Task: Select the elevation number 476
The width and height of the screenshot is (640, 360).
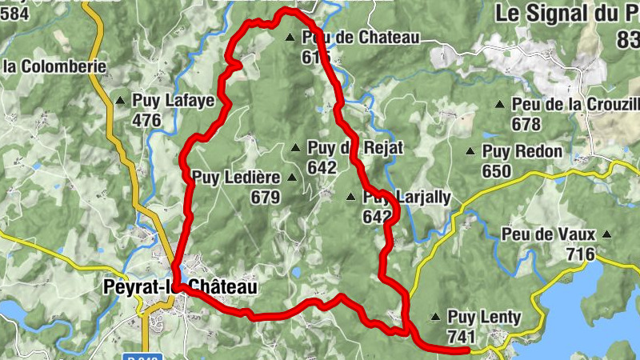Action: [x=146, y=121]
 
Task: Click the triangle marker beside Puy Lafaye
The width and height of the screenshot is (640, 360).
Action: [x=120, y=102]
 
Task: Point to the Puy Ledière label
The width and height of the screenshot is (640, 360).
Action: [x=235, y=177]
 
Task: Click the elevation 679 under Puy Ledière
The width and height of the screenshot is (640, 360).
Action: [x=265, y=197]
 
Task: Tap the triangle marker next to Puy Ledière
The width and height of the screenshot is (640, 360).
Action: [x=291, y=178]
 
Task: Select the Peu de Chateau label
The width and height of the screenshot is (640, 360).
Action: [x=361, y=37]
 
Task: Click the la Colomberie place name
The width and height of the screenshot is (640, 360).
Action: [x=55, y=66]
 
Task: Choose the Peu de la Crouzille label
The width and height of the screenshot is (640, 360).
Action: [x=577, y=104]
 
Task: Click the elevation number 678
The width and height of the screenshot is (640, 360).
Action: [x=526, y=124]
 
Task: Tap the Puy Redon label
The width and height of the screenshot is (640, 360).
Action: [x=522, y=151]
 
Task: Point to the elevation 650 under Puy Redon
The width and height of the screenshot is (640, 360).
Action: [x=496, y=171]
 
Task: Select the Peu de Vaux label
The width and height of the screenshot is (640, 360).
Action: [x=549, y=234]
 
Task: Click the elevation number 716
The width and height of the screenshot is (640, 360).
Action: [x=580, y=254]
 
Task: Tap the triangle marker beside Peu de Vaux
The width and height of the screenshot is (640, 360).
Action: [x=608, y=235]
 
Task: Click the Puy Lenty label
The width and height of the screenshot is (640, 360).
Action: [x=484, y=317]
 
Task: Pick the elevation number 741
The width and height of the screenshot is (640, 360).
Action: [x=462, y=336]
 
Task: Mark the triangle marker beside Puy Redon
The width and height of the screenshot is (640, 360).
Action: [x=470, y=151]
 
